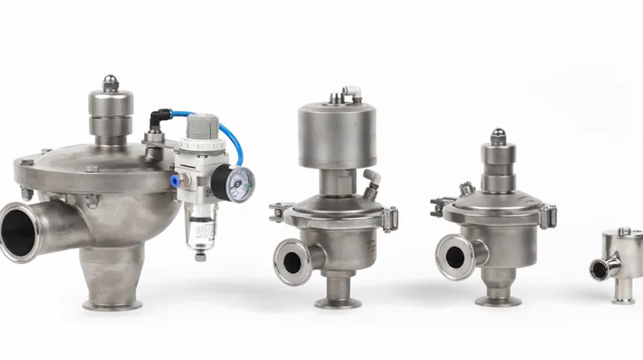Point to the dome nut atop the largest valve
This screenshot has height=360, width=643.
(x=111, y=82)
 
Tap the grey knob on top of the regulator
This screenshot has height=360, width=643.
(x=203, y=128)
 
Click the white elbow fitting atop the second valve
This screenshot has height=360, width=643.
(x=351, y=92)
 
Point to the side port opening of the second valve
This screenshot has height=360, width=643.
(x=291, y=261)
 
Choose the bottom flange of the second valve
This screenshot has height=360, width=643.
(x=337, y=303)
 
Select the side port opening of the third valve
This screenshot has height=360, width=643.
(x=454, y=257)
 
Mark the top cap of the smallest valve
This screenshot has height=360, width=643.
(x=623, y=233)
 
